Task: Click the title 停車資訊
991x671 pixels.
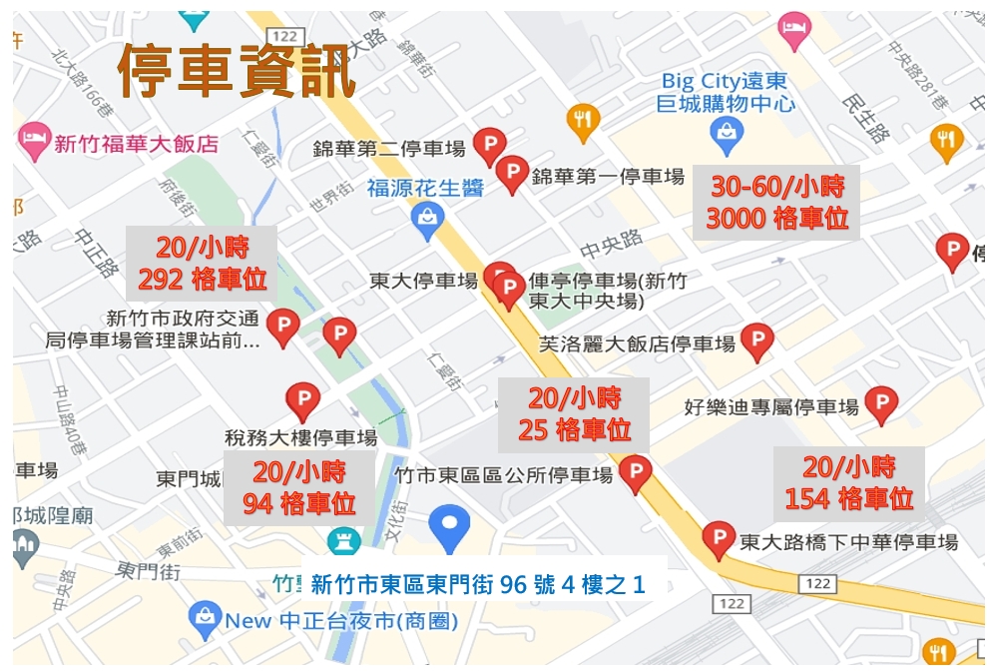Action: click(237, 71)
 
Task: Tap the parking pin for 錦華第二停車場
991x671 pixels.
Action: click(489, 146)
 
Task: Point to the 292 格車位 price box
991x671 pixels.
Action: click(202, 263)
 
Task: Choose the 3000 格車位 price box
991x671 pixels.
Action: click(776, 202)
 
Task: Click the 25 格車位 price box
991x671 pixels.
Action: click(574, 414)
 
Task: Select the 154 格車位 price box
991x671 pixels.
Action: click(849, 482)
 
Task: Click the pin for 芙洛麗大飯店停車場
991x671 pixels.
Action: click(757, 340)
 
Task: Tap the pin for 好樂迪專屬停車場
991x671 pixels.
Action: click(880, 403)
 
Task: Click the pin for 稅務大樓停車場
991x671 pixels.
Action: click(302, 399)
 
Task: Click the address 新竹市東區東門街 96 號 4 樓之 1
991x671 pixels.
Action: click(477, 584)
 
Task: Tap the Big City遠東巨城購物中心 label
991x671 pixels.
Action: click(727, 92)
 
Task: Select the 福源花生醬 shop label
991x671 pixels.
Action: click(424, 187)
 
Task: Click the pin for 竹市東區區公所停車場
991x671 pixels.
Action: click(635, 472)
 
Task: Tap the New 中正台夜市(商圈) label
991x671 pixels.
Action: click(340, 621)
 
